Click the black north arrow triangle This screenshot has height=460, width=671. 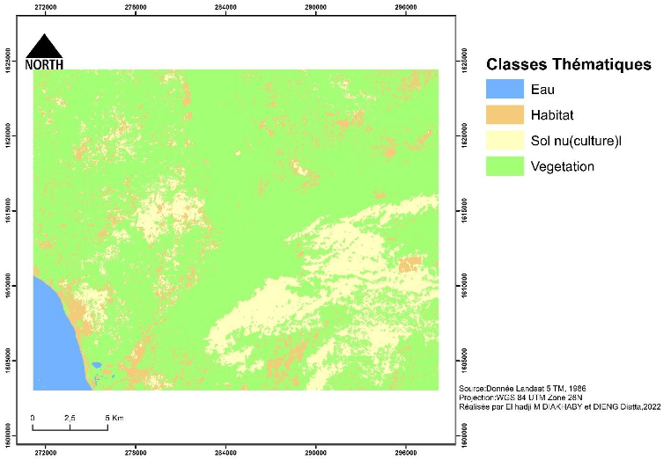coord(43,47)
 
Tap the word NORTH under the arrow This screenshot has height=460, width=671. coord(44,64)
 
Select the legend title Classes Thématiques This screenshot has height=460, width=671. coord(568,65)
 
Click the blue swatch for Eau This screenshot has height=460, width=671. coord(505,89)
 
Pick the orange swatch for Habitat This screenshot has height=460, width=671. coord(505,114)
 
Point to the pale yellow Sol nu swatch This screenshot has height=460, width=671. coord(505,140)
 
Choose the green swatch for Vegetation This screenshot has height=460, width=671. coord(505,165)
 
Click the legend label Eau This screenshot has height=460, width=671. coord(543,89)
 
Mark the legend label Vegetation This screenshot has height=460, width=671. coord(563,165)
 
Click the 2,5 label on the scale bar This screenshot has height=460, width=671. coord(70,417)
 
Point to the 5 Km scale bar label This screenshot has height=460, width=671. coord(114,417)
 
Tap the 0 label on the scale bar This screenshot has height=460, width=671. coord(33,417)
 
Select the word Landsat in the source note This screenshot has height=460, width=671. coord(532,388)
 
